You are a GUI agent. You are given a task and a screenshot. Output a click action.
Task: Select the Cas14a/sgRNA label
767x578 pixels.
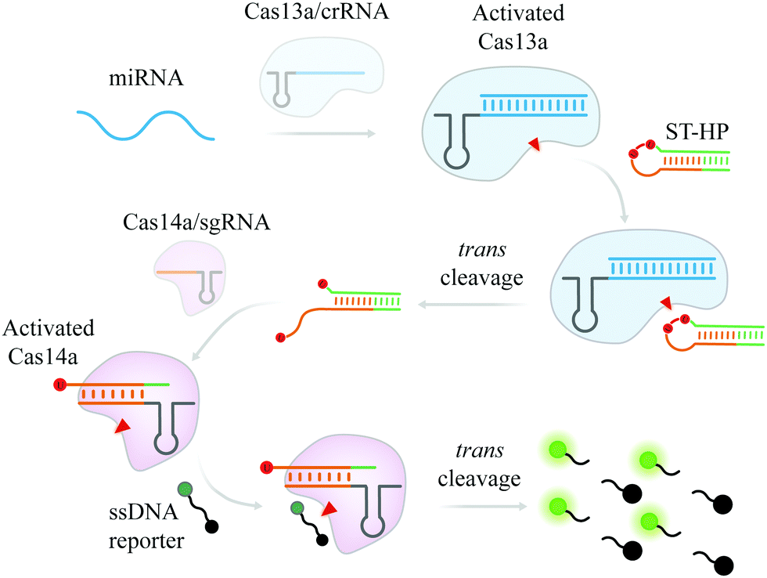(199, 224)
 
